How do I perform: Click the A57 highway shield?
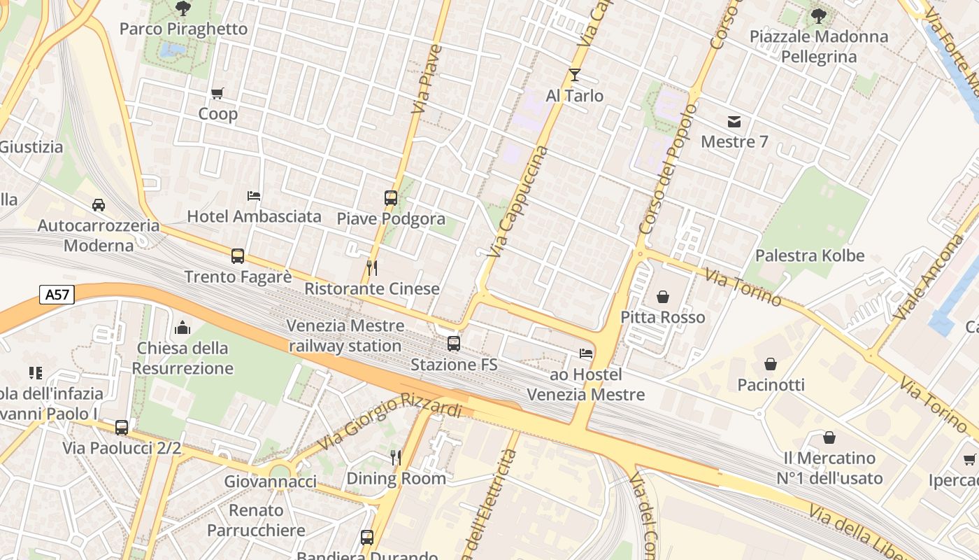(x=57, y=295)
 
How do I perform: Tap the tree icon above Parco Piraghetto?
(x=183, y=8)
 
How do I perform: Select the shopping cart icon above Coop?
(x=217, y=93)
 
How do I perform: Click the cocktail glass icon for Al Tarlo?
(x=575, y=75)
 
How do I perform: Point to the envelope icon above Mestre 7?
(x=734, y=122)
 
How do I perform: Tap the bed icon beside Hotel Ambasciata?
(x=254, y=196)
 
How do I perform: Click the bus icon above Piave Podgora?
(x=391, y=198)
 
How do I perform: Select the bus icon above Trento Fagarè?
(x=238, y=256)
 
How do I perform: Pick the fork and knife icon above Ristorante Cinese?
(x=372, y=267)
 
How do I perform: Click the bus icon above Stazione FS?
(x=454, y=344)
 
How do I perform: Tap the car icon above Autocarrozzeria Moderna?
(x=99, y=205)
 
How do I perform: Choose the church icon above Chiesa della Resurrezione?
(x=183, y=327)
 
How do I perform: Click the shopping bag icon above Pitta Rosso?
(x=663, y=297)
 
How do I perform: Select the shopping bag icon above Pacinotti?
(x=771, y=364)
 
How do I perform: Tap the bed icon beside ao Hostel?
(x=586, y=353)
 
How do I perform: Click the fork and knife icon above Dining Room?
(x=396, y=458)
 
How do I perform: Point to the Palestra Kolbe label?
(x=810, y=255)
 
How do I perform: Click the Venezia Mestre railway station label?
(x=345, y=336)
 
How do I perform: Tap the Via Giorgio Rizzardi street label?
(x=390, y=422)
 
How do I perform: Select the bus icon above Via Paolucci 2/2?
(x=122, y=427)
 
